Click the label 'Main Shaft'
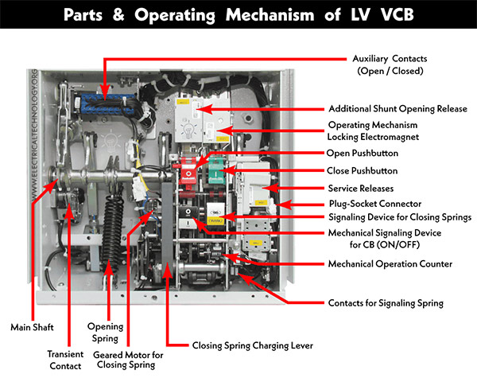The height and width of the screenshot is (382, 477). (30, 326)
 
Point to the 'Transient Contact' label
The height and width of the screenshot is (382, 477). (64, 361)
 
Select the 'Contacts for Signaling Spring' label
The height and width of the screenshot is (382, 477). (386, 303)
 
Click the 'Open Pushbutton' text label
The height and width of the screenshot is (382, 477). (362, 153)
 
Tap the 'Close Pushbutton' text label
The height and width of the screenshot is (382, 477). (363, 170)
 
